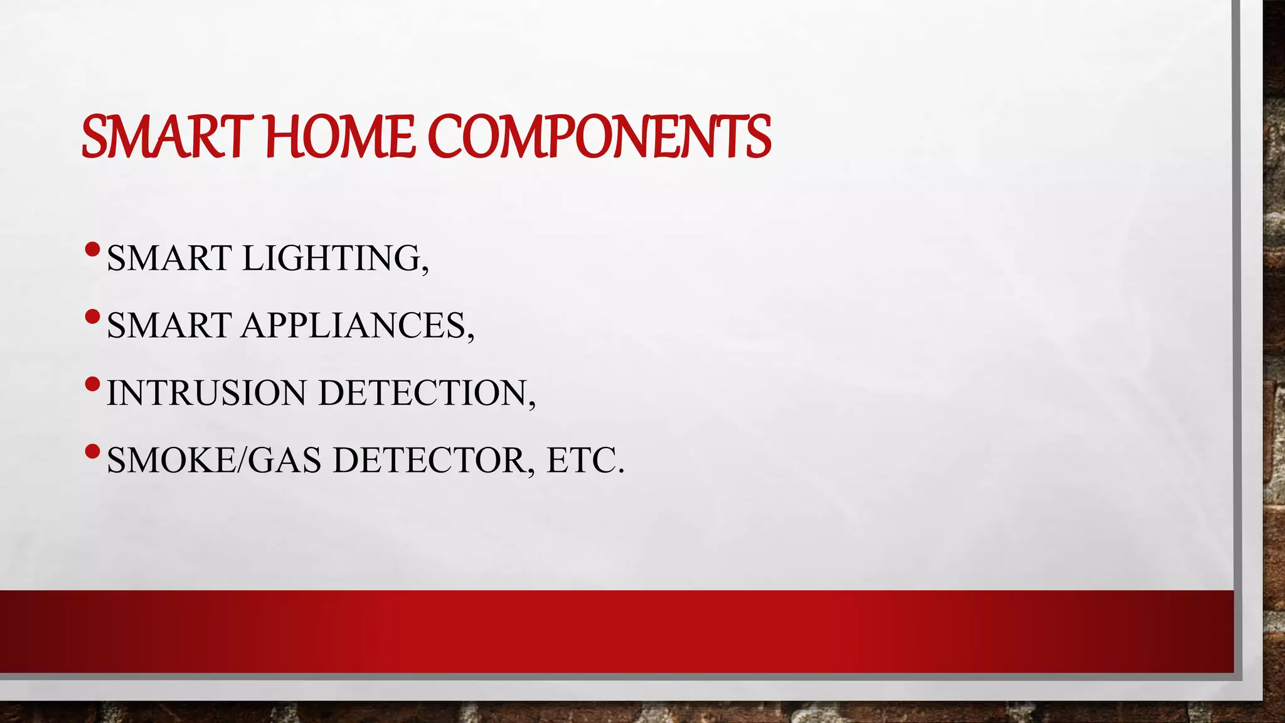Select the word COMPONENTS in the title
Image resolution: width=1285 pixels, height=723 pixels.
pyautogui.click(x=599, y=137)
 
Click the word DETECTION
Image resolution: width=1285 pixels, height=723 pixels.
pyautogui.click(x=422, y=393)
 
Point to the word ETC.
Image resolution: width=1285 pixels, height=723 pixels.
pyautogui.click(x=585, y=460)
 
